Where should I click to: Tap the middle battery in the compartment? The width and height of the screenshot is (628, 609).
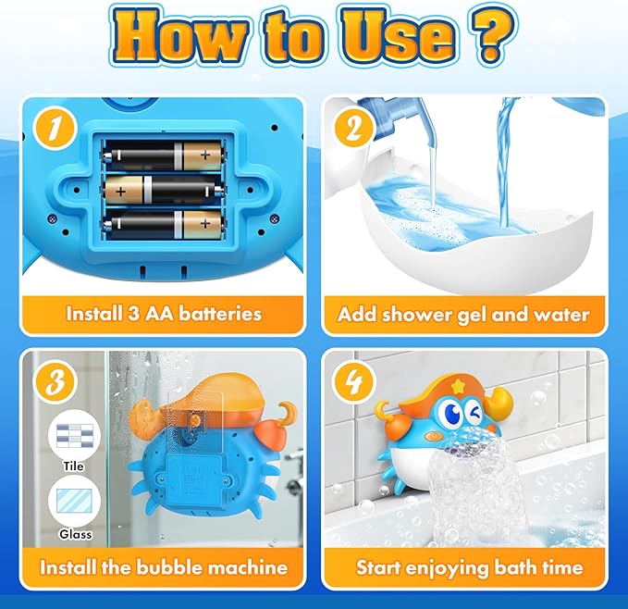(163, 190)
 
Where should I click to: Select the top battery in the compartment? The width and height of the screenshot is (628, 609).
(163, 155)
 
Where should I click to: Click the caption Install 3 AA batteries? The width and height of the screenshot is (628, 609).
(164, 314)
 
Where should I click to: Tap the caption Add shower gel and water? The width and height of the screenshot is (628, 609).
(463, 314)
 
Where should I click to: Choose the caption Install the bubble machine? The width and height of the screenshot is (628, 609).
(164, 565)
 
